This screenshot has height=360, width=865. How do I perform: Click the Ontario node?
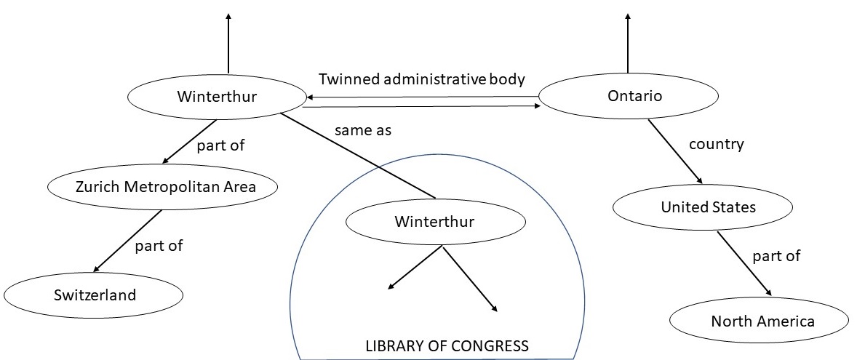click(629, 97)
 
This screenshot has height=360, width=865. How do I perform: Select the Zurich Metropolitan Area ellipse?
click(163, 186)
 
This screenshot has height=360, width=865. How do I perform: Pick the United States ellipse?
click(703, 207)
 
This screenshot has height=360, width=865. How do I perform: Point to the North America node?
click(759, 321)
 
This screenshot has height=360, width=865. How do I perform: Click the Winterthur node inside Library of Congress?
click(435, 222)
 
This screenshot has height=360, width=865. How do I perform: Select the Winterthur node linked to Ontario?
click(218, 97)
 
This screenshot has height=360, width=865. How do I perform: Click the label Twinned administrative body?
click(421, 79)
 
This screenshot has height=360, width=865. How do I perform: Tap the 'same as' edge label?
click(363, 131)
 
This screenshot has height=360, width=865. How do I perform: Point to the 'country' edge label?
click(717, 145)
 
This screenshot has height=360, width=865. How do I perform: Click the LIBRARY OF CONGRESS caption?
click(447, 346)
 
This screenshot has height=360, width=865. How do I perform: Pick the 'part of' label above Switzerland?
click(159, 245)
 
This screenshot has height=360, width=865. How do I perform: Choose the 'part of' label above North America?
click(776, 256)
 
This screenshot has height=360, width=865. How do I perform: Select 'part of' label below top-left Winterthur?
click(220, 146)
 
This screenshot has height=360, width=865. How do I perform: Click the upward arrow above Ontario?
click(628, 43)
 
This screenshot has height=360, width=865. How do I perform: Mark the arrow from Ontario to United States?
click(675, 151)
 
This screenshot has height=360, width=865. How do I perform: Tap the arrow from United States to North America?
click(744, 264)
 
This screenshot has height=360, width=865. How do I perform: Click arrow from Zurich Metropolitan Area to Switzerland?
click(127, 241)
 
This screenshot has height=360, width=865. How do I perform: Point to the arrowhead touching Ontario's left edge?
click(537, 106)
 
